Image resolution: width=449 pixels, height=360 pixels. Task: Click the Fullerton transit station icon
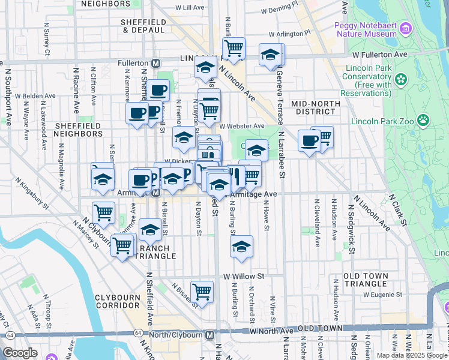(155, 63)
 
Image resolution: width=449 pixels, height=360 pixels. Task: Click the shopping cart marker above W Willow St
(202, 291)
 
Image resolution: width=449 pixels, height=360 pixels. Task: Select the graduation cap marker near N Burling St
(241, 247)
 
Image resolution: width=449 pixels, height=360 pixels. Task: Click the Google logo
(20, 352)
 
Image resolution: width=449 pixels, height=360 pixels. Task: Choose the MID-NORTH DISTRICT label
(313, 107)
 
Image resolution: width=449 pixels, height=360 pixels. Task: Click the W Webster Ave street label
(241, 126)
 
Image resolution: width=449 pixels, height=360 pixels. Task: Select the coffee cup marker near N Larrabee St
(309, 142)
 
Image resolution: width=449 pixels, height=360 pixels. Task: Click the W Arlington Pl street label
(290, 34)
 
